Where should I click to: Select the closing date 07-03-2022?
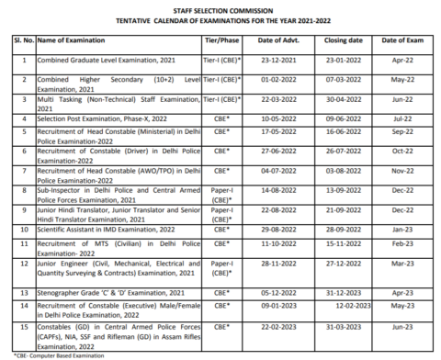point(342,81)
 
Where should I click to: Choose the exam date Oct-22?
point(400,152)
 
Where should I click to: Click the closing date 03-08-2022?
point(342,171)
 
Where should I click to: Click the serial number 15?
point(23,328)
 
